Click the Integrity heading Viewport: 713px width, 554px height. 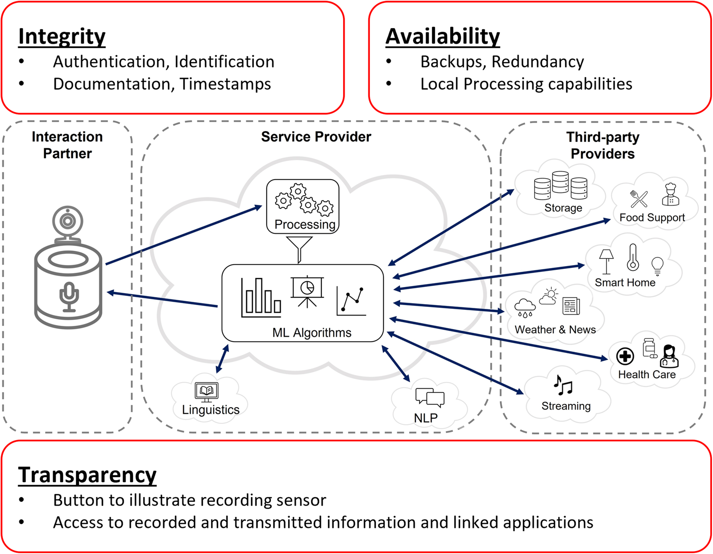(x=62, y=37)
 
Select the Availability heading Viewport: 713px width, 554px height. (x=443, y=37)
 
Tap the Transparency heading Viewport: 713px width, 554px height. (x=87, y=475)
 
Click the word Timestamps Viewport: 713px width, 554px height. (x=225, y=84)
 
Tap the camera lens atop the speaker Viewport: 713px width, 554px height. (x=68, y=221)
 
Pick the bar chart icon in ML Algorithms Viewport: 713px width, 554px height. (x=261, y=298)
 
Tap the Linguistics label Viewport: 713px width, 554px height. (x=211, y=410)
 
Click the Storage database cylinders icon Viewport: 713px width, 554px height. (x=560, y=186)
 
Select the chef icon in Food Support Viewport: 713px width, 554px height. (x=670, y=194)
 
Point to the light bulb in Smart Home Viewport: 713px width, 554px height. (x=657, y=266)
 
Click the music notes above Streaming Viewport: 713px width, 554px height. (x=563, y=385)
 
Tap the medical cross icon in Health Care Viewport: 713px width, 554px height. (x=625, y=356)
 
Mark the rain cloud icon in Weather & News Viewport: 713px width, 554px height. (x=525, y=307)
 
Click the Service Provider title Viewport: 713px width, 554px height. (x=316, y=137)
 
